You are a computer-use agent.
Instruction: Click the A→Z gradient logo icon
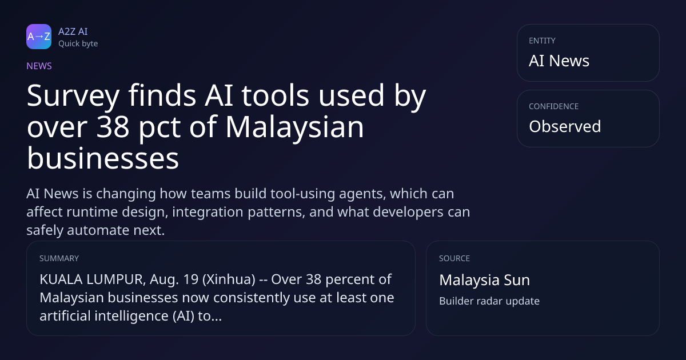coord(39,37)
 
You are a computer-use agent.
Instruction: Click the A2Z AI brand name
coord(73,31)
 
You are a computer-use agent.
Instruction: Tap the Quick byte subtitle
coord(78,44)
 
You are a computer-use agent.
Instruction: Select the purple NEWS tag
coord(39,66)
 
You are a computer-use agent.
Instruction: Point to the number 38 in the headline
coord(113,127)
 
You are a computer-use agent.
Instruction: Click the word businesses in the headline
coord(103,158)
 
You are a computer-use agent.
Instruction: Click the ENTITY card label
coord(542,41)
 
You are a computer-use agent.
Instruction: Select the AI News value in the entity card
coord(559,61)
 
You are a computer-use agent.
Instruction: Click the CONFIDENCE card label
coord(554,106)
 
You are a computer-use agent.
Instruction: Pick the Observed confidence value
coord(565,126)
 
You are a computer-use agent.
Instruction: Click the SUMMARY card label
coord(59,258)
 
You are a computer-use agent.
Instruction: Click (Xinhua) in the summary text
coord(229,279)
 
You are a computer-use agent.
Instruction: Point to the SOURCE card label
coord(454,258)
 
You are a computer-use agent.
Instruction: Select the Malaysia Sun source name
coord(485,280)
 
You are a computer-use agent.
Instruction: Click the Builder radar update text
coord(489,301)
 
